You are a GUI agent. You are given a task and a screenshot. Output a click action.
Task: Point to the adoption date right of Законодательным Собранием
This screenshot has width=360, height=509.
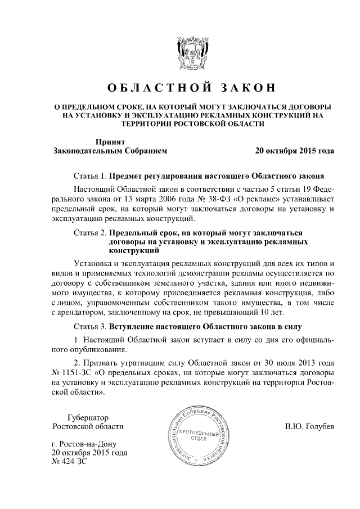[294, 151]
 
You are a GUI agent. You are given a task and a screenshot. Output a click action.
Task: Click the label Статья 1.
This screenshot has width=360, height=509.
[90, 175]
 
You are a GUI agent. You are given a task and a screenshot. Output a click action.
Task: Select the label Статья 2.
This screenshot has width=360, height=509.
[90, 232]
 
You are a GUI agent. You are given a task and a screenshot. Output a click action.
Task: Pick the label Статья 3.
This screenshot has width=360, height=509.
[90, 327]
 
